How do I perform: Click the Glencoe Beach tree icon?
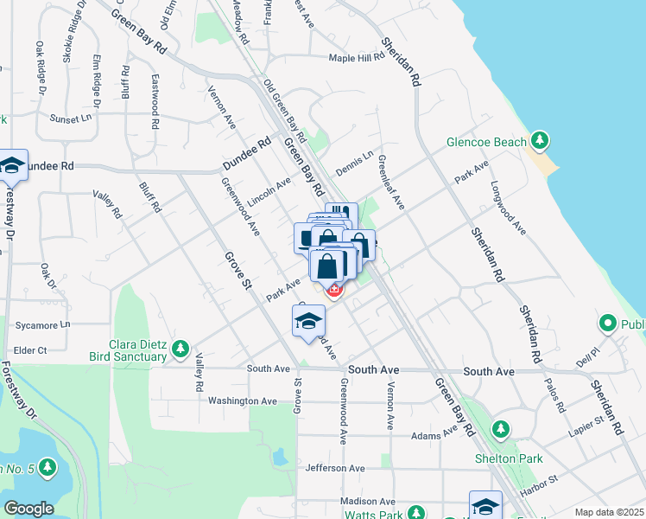pos(541,140)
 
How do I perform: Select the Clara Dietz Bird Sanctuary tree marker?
pos(180,349)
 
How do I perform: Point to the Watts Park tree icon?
pos(418,513)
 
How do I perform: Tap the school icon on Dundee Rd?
pos(12,165)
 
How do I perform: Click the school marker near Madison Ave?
pos(485,506)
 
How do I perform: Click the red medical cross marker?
pos(333,291)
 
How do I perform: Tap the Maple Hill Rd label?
pos(356,59)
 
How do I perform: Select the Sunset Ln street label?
pos(70,119)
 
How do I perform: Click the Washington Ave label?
pos(242,401)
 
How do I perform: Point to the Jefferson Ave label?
pos(335,468)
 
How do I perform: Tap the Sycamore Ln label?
pos(42,326)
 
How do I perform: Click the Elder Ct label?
pos(29,350)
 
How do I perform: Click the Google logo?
pos(28,509)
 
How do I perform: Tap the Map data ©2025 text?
pos(609,512)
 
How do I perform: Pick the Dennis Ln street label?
pos(355,164)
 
